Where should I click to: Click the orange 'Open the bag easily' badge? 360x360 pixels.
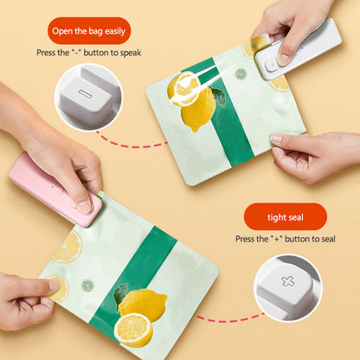click(89, 30)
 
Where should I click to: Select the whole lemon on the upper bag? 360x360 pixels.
click(198, 107)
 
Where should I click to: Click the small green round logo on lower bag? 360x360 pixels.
click(87, 285)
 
